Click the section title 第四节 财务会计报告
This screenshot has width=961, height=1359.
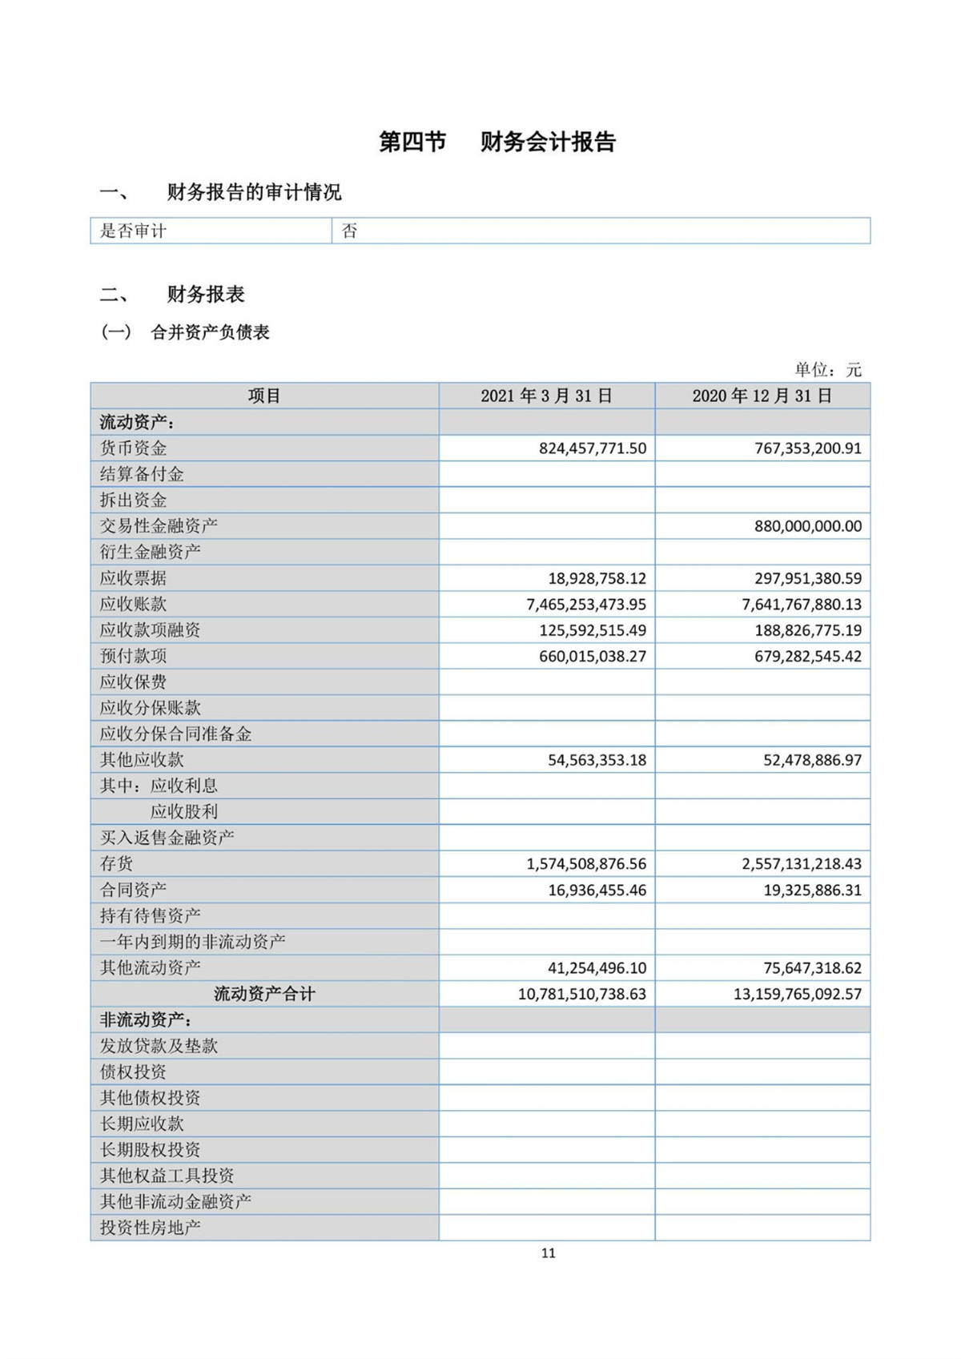tap(497, 143)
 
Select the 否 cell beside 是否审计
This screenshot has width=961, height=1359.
tap(350, 231)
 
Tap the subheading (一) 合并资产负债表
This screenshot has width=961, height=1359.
tap(185, 332)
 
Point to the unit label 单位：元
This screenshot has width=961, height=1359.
tap(827, 370)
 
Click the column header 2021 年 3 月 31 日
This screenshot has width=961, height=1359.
tap(546, 396)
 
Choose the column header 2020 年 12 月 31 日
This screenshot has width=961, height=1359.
tap(762, 396)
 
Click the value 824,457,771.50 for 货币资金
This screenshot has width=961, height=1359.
tap(592, 448)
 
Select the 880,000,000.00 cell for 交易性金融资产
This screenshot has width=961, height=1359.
tap(807, 526)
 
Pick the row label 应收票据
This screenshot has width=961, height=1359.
tap(133, 578)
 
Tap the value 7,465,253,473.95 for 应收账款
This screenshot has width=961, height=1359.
tap(585, 605)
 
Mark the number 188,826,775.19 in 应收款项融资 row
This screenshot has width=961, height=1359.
tap(807, 630)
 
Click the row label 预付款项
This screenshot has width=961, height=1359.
tap(133, 656)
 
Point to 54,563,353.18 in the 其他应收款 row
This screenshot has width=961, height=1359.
tap(597, 760)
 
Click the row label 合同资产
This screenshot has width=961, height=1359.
tap(133, 890)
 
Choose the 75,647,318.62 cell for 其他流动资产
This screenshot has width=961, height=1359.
tap(812, 968)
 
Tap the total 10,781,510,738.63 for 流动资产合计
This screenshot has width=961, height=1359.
tap(581, 994)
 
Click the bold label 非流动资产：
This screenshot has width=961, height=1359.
tap(145, 1020)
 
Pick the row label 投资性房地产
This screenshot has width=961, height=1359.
tap(150, 1228)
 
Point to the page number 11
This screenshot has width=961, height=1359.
tap(548, 1253)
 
